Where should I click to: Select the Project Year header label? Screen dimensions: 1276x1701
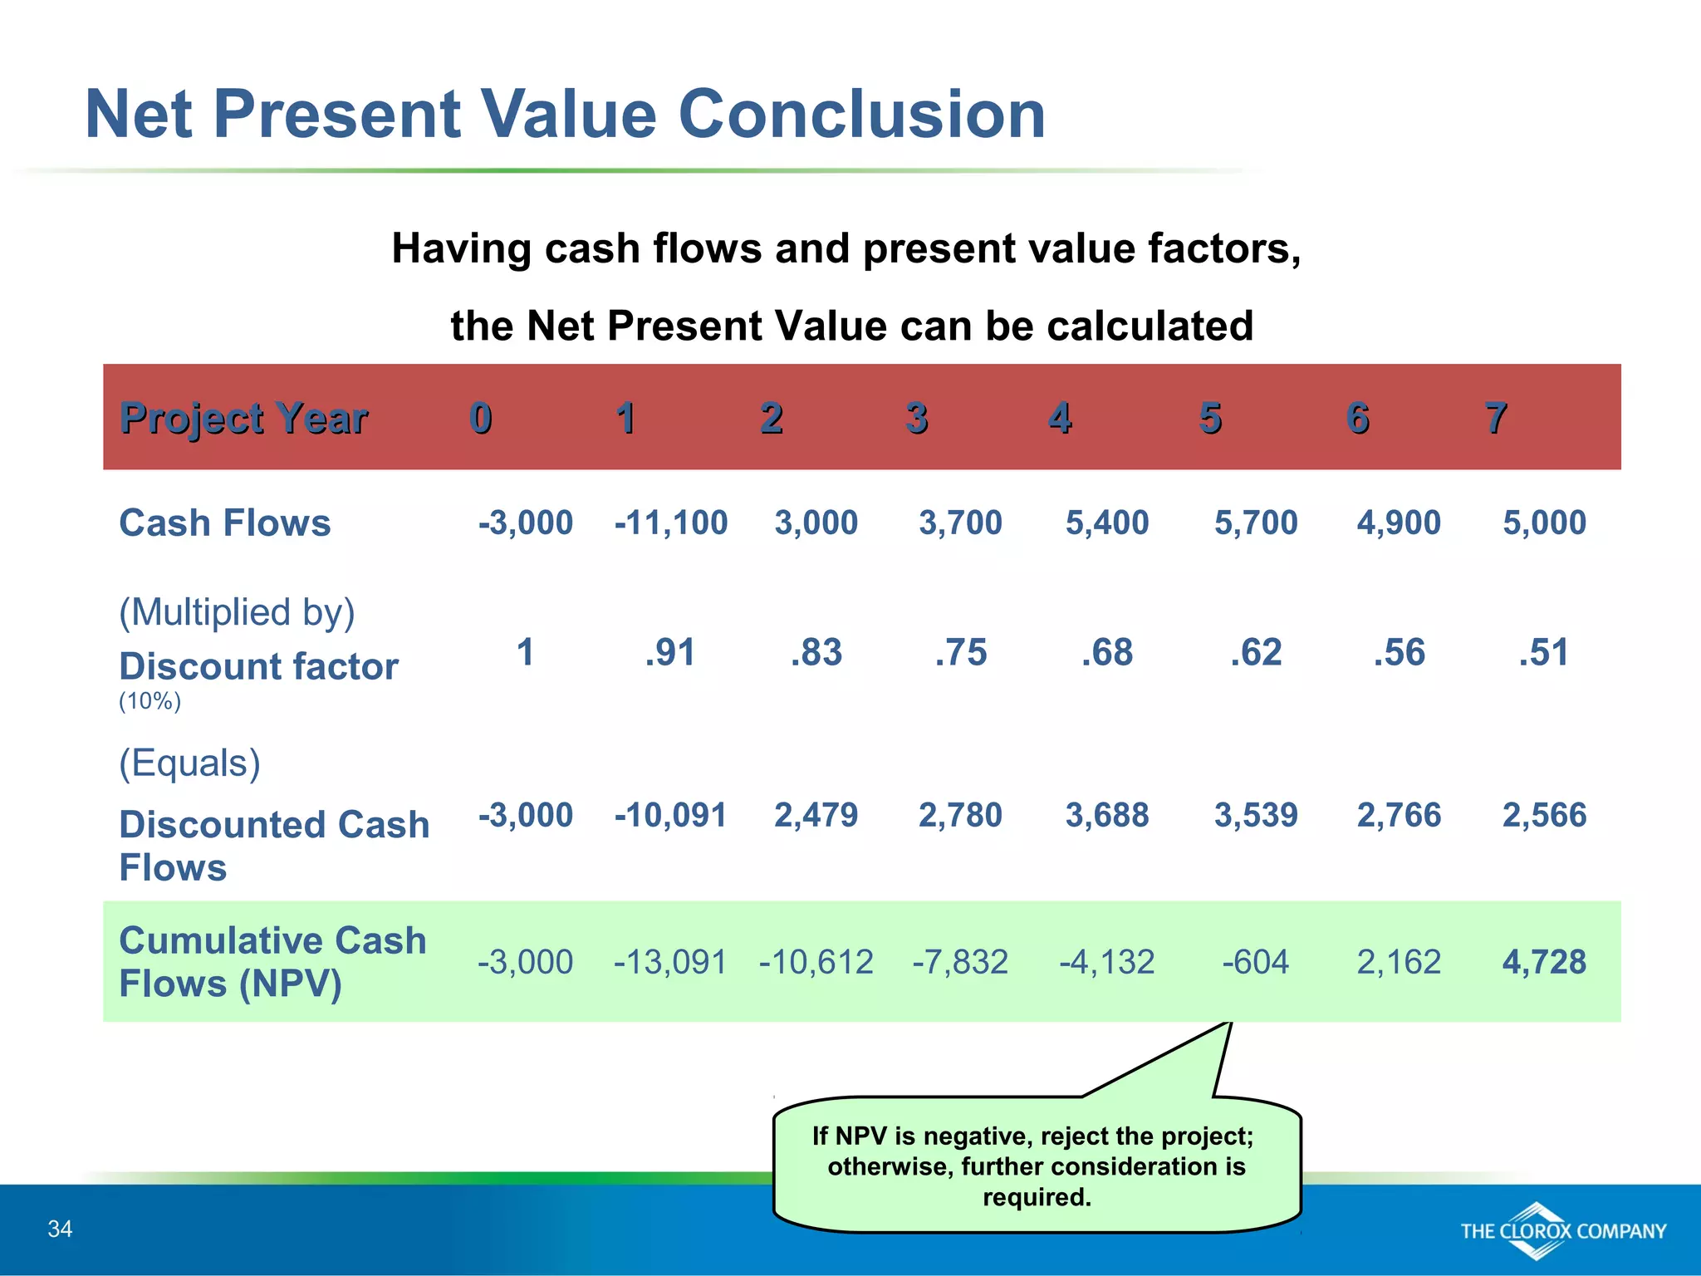(243, 418)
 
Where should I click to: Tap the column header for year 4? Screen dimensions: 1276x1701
(1059, 418)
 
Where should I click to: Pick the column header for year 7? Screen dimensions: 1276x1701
(1495, 418)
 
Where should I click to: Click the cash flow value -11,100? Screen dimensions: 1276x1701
(670, 523)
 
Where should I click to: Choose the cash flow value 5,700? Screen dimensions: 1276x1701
(1255, 523)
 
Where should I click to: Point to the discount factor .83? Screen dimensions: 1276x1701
(816, 653)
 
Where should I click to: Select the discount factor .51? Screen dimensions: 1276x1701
(1543, 653)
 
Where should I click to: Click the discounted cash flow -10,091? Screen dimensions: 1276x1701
(670, 816)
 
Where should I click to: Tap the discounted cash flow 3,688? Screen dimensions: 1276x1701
(1106, 816)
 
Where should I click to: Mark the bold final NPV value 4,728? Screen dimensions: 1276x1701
(1543, 962)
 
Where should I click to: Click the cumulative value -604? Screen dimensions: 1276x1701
(1255, 962)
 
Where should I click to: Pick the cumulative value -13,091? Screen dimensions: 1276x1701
(670, 962)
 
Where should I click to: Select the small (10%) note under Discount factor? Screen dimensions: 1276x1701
(150, 701)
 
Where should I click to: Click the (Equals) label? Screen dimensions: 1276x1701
(189, 763)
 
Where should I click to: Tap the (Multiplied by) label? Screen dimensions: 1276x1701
(237, 612)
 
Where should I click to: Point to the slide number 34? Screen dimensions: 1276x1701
(60, 1229)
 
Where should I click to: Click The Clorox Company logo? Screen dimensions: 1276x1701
(1562, 1231)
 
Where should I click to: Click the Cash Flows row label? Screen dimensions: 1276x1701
(224, 523)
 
